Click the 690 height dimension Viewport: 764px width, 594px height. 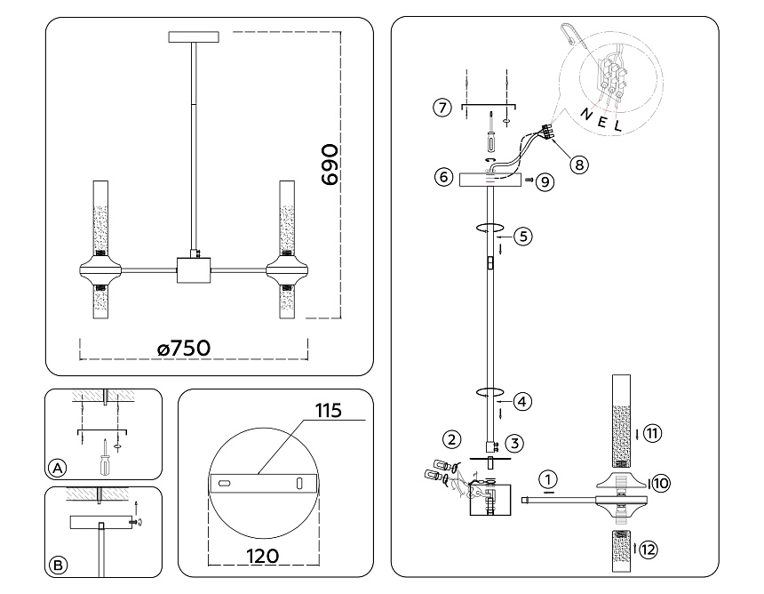coord(330,165)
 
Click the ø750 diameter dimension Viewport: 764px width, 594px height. coord(184,349)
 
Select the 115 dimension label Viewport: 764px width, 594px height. coord(329,411)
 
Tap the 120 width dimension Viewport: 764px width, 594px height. coord(263,556)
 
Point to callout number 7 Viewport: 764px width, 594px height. coord(442,107)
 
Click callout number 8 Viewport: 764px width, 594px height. coord(579,165)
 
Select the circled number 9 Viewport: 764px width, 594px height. coord(545,182)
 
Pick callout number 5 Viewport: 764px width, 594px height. coord(523,237)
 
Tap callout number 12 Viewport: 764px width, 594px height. coord(648,550)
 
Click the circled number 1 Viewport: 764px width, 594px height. coord(548,479)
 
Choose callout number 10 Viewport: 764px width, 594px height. coord(661,484)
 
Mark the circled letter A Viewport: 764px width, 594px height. coord(58,469)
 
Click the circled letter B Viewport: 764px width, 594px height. coord(58,566)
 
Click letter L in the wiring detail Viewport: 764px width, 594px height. coord(617,125)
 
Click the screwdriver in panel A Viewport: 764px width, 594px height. coord(105,457)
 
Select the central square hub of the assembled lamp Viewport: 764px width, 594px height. coord(194,269)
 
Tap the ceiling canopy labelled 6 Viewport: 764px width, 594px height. coord(490,179)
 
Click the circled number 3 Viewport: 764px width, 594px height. coord(514,443)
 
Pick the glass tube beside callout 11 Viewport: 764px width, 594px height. coord(621,421)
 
